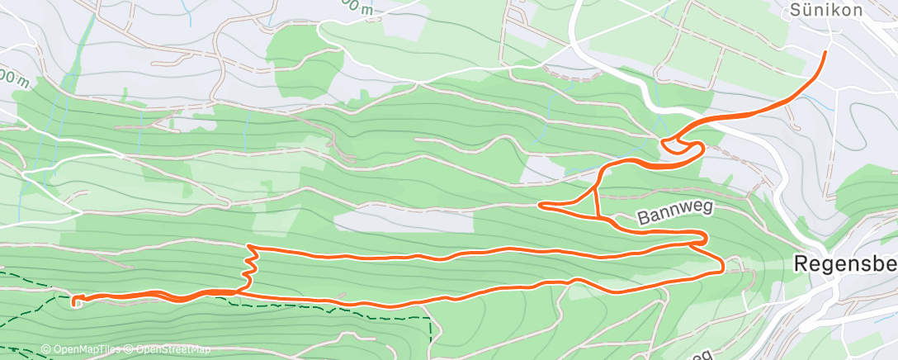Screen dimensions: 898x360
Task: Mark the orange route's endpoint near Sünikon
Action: (x=825, y=52)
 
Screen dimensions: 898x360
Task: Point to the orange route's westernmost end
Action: (x=75, y=301)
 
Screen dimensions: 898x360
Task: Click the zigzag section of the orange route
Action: (x=248, y=268)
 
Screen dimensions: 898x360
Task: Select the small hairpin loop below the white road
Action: (x=682, y=145)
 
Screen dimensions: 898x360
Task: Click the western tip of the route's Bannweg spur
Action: (x=540, y=204)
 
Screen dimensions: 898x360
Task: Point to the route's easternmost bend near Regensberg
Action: (x=723, y=265)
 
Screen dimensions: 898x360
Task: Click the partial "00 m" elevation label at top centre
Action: (x=362, y=6)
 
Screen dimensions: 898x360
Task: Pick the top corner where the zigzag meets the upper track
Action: (x=251, y=247)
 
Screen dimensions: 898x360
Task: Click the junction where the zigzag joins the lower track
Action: (x=242, y=290)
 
